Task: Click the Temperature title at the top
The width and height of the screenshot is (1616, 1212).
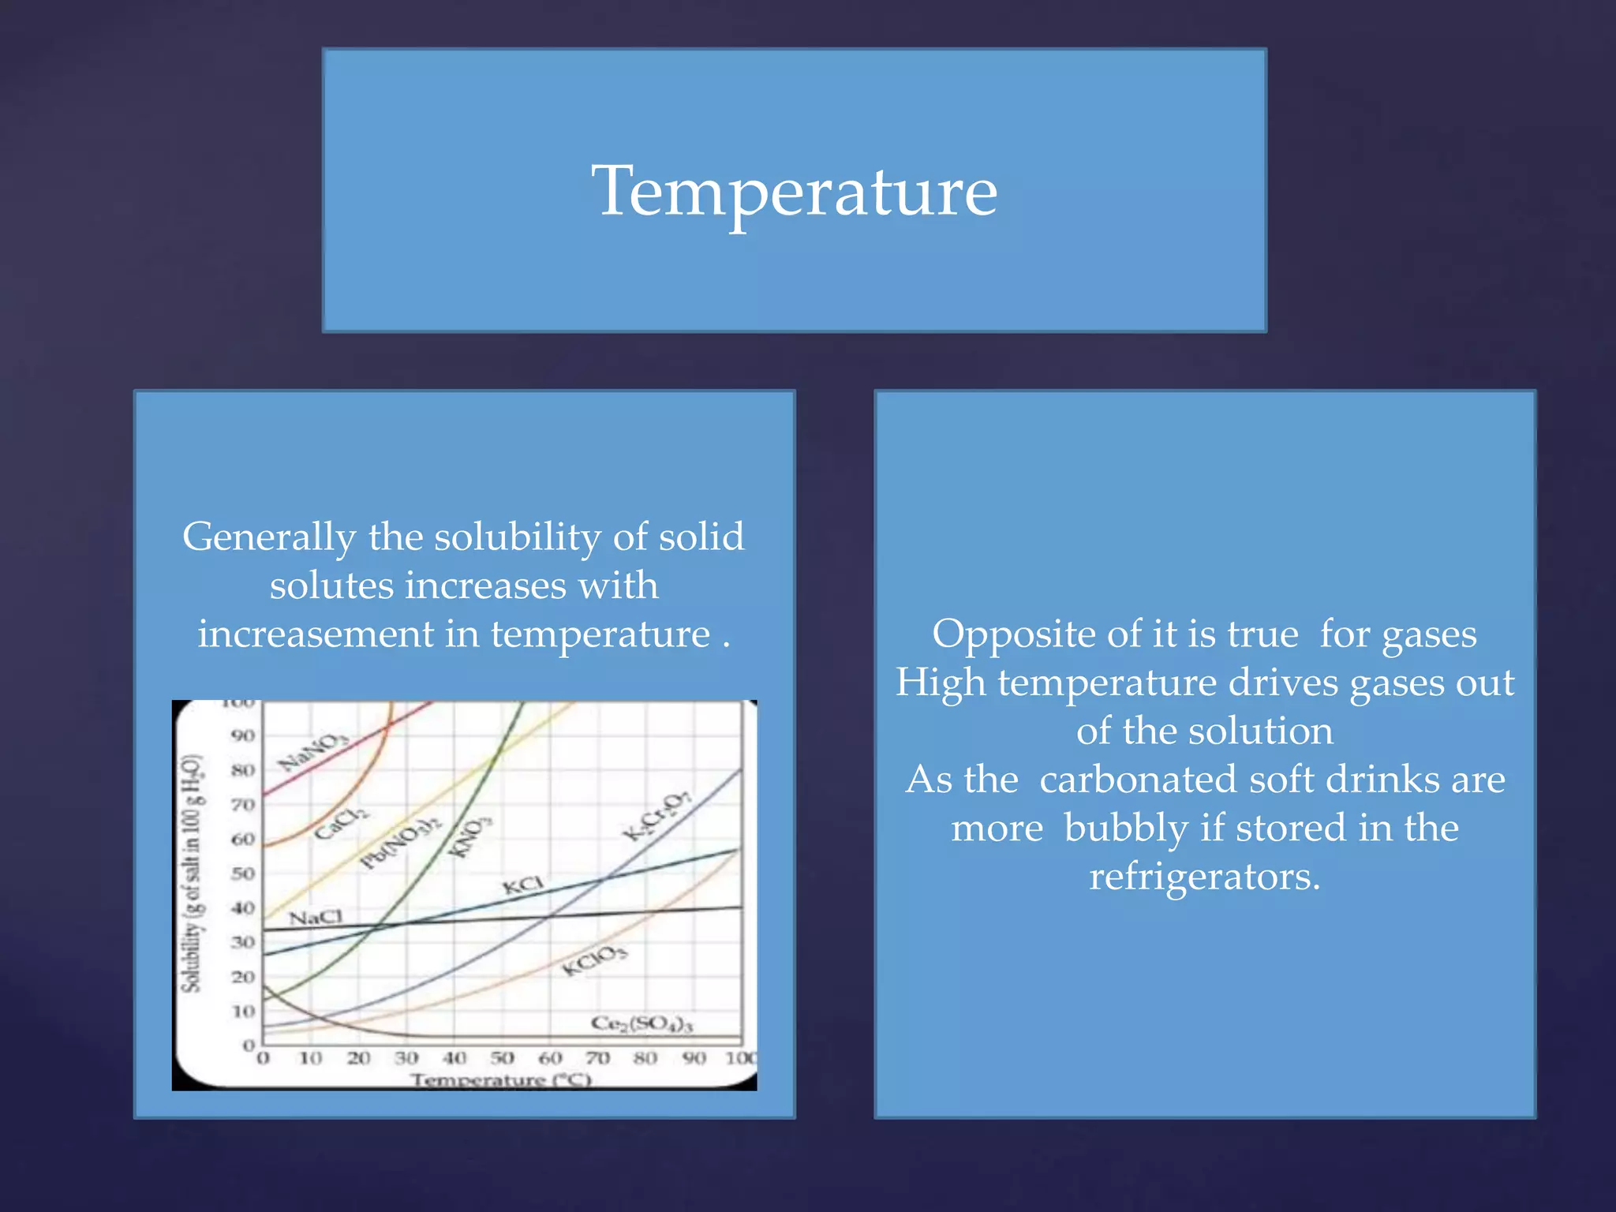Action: [795, 192]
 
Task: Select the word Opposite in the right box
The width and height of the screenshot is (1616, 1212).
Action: [1036, 634]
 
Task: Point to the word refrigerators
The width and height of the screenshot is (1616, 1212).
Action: [1204, 877]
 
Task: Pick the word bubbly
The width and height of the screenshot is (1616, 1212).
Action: [1126, 829]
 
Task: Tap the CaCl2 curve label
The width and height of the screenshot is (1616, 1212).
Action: [340, 821]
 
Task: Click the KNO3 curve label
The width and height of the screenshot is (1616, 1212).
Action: [470, 836]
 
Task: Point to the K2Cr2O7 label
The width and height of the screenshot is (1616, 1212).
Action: [656, 816]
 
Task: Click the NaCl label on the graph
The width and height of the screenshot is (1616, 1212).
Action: [316, 918]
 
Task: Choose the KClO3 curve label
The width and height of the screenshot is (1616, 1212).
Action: [594, 959]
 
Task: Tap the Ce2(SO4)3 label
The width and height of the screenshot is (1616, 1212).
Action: [642, 1024]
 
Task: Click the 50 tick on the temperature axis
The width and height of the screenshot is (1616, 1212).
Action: [502, 1058]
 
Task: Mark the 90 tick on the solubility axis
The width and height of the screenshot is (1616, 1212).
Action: [243, 735]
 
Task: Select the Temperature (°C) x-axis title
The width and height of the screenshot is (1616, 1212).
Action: [500, 1079]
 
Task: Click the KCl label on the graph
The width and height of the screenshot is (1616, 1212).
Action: [522, 885]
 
